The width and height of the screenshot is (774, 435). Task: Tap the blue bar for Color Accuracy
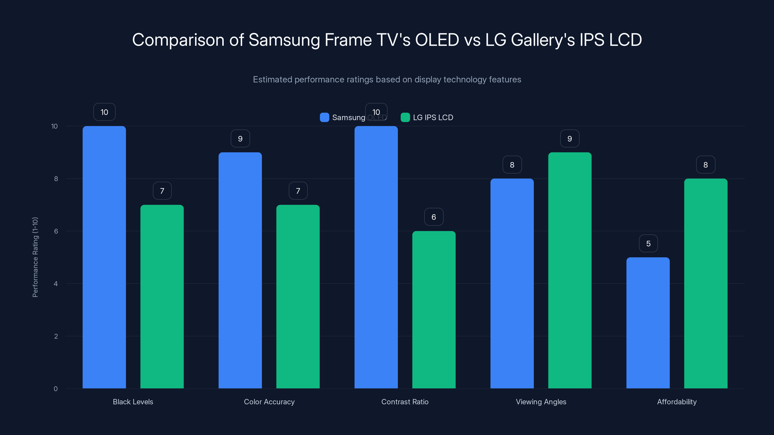(x=240, y=270)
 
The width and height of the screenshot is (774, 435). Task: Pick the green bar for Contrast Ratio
(x=434, y=310)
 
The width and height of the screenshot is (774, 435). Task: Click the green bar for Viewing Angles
(x=570, y=270)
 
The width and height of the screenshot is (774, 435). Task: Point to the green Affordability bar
(x=706, y=283)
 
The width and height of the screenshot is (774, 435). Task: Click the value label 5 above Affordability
(x=648, y=243)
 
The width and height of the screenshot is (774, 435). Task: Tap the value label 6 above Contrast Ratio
(x=434, y=217)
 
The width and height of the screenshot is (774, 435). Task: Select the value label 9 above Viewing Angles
(x=570, y=139)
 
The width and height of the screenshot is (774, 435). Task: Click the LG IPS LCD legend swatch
(x=405, y=117)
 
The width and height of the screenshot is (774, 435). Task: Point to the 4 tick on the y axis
(x=56, y=284)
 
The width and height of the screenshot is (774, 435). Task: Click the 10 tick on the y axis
(x=54, y=126)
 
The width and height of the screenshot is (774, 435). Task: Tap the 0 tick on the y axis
(x=56, y=389)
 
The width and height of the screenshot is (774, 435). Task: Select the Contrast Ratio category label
(x=405, y=402)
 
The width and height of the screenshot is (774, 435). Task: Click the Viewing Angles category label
(x=541, y=402)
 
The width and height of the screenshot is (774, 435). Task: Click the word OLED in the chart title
(x=437, y=40)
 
